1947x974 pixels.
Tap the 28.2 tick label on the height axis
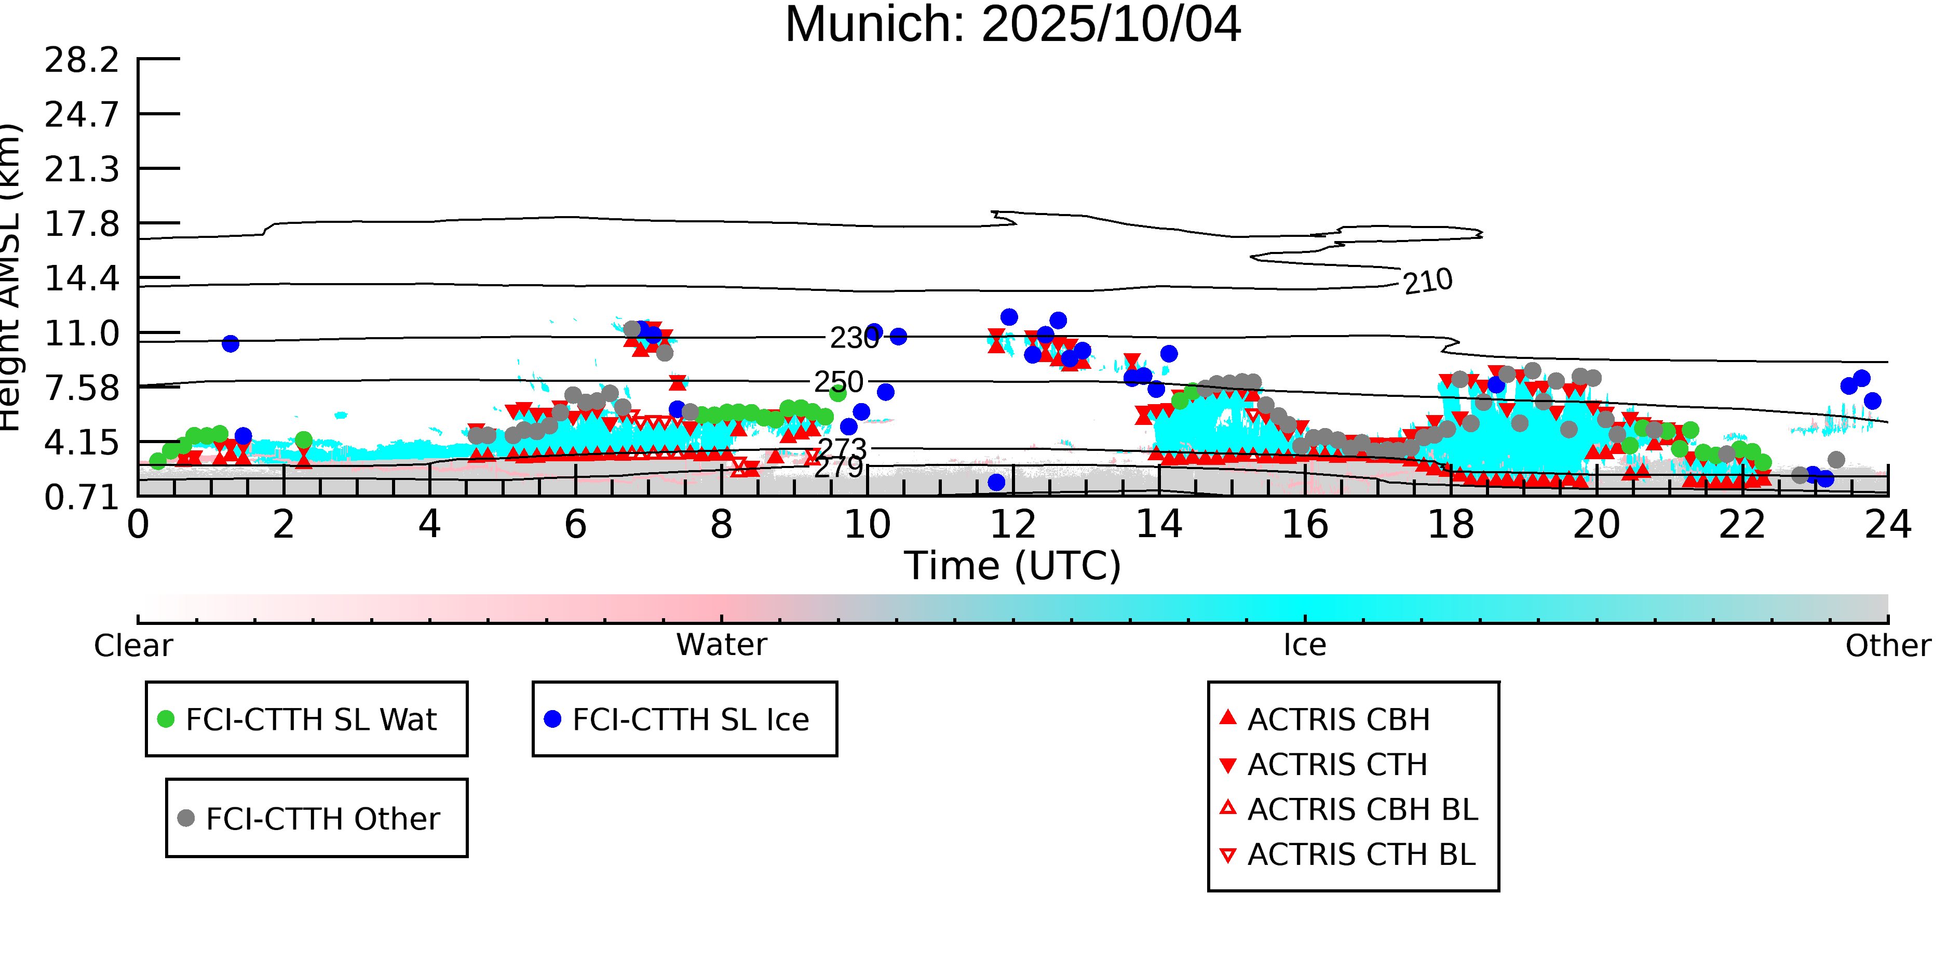point(82,60)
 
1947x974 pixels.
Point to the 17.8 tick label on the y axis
point(82,224)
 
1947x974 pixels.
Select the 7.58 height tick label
point(82,388)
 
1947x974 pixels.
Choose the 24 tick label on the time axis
point(1887,524)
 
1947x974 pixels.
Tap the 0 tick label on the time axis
point(138,524)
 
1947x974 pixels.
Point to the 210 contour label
point(1428,282)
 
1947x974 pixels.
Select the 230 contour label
point(854,337)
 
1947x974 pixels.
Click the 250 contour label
point(838,382)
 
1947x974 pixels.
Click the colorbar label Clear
point(133,646)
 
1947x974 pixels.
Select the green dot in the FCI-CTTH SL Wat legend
point(166,719)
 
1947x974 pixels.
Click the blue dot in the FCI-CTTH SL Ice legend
point(552,719)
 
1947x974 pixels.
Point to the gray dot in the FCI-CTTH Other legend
point(186,818)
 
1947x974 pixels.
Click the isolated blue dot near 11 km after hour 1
point(231,343)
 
